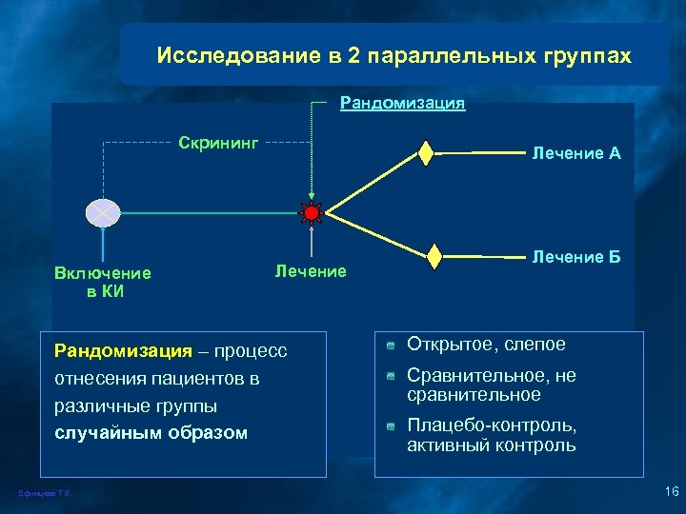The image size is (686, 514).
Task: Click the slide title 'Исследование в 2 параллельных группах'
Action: click(x=393, y=55)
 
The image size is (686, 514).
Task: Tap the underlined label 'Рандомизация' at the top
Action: click(x=403, y=103)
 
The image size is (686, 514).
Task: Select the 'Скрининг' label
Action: click(x=218, y=143)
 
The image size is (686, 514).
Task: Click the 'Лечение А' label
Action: click(x=576, y=153)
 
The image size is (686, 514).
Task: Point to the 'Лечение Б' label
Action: click(x=576, y=257)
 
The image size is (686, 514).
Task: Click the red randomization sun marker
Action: click(x=311, y=212)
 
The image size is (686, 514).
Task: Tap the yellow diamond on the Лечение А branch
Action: click(x=426, y=152)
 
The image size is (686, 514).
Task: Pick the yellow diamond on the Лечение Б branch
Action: click(x=434, y=256)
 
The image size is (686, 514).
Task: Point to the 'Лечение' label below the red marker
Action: click(x=311, y=272)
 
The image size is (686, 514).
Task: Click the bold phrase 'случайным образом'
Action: click(x=151, y=432)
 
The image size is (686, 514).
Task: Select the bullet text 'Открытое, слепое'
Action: click(x=486, y=345)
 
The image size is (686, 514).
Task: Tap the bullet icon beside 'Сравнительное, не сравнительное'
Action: click(x=391, y=377)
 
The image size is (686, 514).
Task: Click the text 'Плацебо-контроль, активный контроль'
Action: click(x=492, y=435)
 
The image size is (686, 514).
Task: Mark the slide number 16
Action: click(x=670, y=491)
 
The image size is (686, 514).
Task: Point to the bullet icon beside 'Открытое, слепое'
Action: click(x=391, y=346)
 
